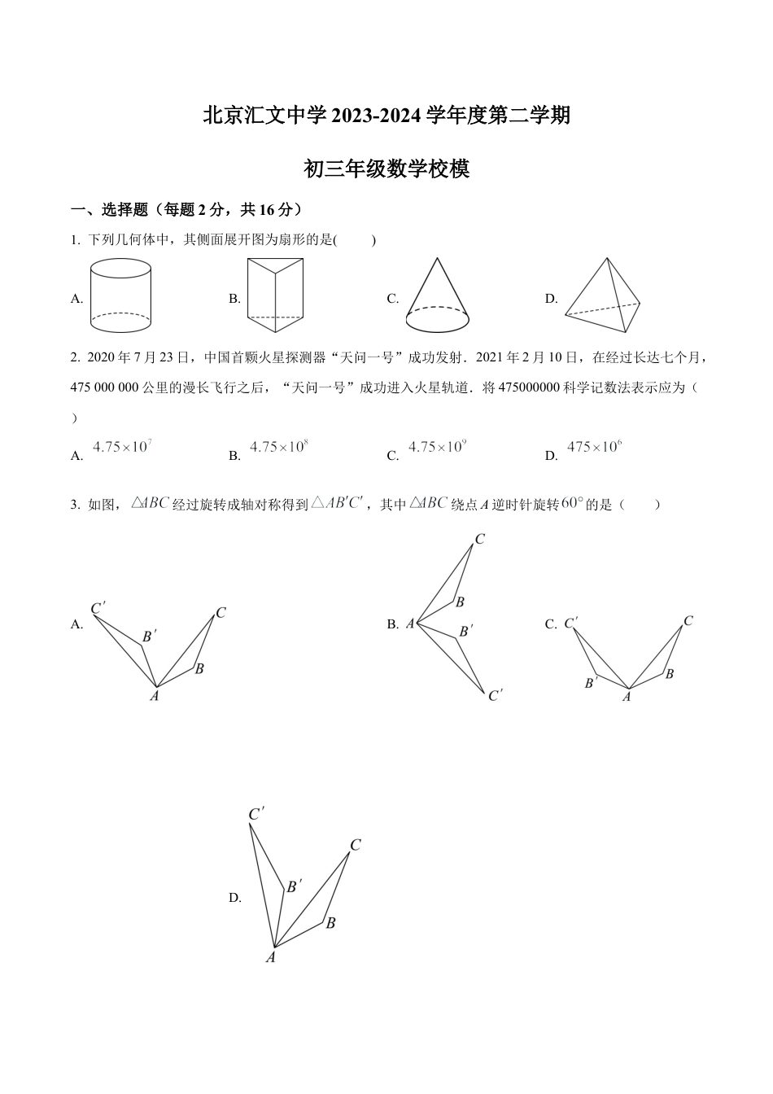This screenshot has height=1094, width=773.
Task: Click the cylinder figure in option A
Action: click(x=120, y=295)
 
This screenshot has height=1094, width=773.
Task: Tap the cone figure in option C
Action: click(x=437, y=296)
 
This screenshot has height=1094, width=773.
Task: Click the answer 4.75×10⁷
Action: click(x=123, y=447)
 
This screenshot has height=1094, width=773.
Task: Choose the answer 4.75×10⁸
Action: click(x=278, y=447)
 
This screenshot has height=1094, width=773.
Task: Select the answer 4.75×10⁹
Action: click(x=437, y=447)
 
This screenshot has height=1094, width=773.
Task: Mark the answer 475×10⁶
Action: click(x=594, y=447)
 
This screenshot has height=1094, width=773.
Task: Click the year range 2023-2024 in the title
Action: click(x=378, y=116)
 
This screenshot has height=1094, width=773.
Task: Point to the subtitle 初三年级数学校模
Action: click(x=386, y=169)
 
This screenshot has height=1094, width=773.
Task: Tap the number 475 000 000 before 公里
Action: click(x=105, y=387)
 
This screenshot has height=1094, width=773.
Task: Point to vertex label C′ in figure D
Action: click(x=256, y=814)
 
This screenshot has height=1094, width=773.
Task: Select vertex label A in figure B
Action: click(x=410, y=624)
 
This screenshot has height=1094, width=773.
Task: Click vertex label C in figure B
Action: click(x=480, y=539)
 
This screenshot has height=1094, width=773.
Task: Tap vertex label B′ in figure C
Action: click(x=591, y=683)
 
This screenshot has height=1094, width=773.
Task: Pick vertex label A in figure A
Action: click(x=154, y=696)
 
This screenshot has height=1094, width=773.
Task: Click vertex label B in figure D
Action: click(x=330, y=923)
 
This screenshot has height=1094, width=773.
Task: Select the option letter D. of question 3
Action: click(x=235, y=898)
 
